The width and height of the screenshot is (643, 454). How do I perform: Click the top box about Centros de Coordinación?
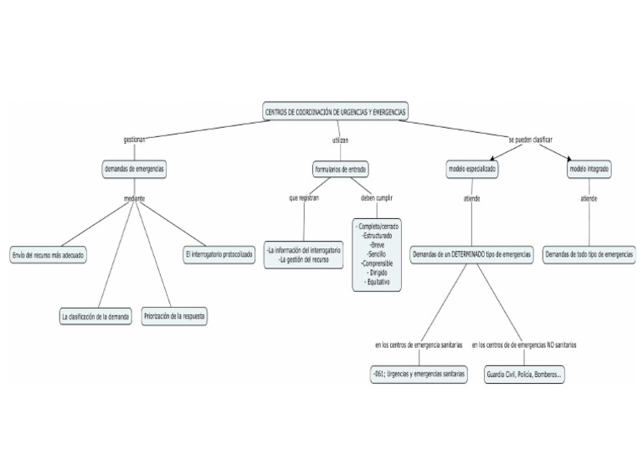336,112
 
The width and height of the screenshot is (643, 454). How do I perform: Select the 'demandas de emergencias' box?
134,169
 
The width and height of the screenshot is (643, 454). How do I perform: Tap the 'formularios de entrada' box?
340,169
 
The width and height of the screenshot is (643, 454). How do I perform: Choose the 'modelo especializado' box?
472,169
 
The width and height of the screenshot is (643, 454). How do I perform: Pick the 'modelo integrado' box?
589,169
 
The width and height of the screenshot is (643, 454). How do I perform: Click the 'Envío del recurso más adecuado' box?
49,254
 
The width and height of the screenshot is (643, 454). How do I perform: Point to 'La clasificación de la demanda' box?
95,317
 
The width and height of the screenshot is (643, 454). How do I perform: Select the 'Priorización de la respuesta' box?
175,317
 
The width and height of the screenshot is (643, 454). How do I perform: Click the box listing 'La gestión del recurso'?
304,255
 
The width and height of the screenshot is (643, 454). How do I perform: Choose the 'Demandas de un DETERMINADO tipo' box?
472,254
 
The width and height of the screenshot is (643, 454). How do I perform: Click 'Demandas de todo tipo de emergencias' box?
589,254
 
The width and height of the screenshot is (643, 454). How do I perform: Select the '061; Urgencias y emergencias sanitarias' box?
419,375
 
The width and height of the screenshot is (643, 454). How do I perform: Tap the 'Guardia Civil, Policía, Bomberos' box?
525,375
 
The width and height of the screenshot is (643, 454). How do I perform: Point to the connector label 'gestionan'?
134,140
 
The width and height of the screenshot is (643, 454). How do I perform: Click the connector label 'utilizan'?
340,140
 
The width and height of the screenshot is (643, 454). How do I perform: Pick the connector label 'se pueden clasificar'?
530,139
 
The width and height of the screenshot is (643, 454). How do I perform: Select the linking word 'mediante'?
134,199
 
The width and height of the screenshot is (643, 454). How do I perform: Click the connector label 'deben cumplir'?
377,198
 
